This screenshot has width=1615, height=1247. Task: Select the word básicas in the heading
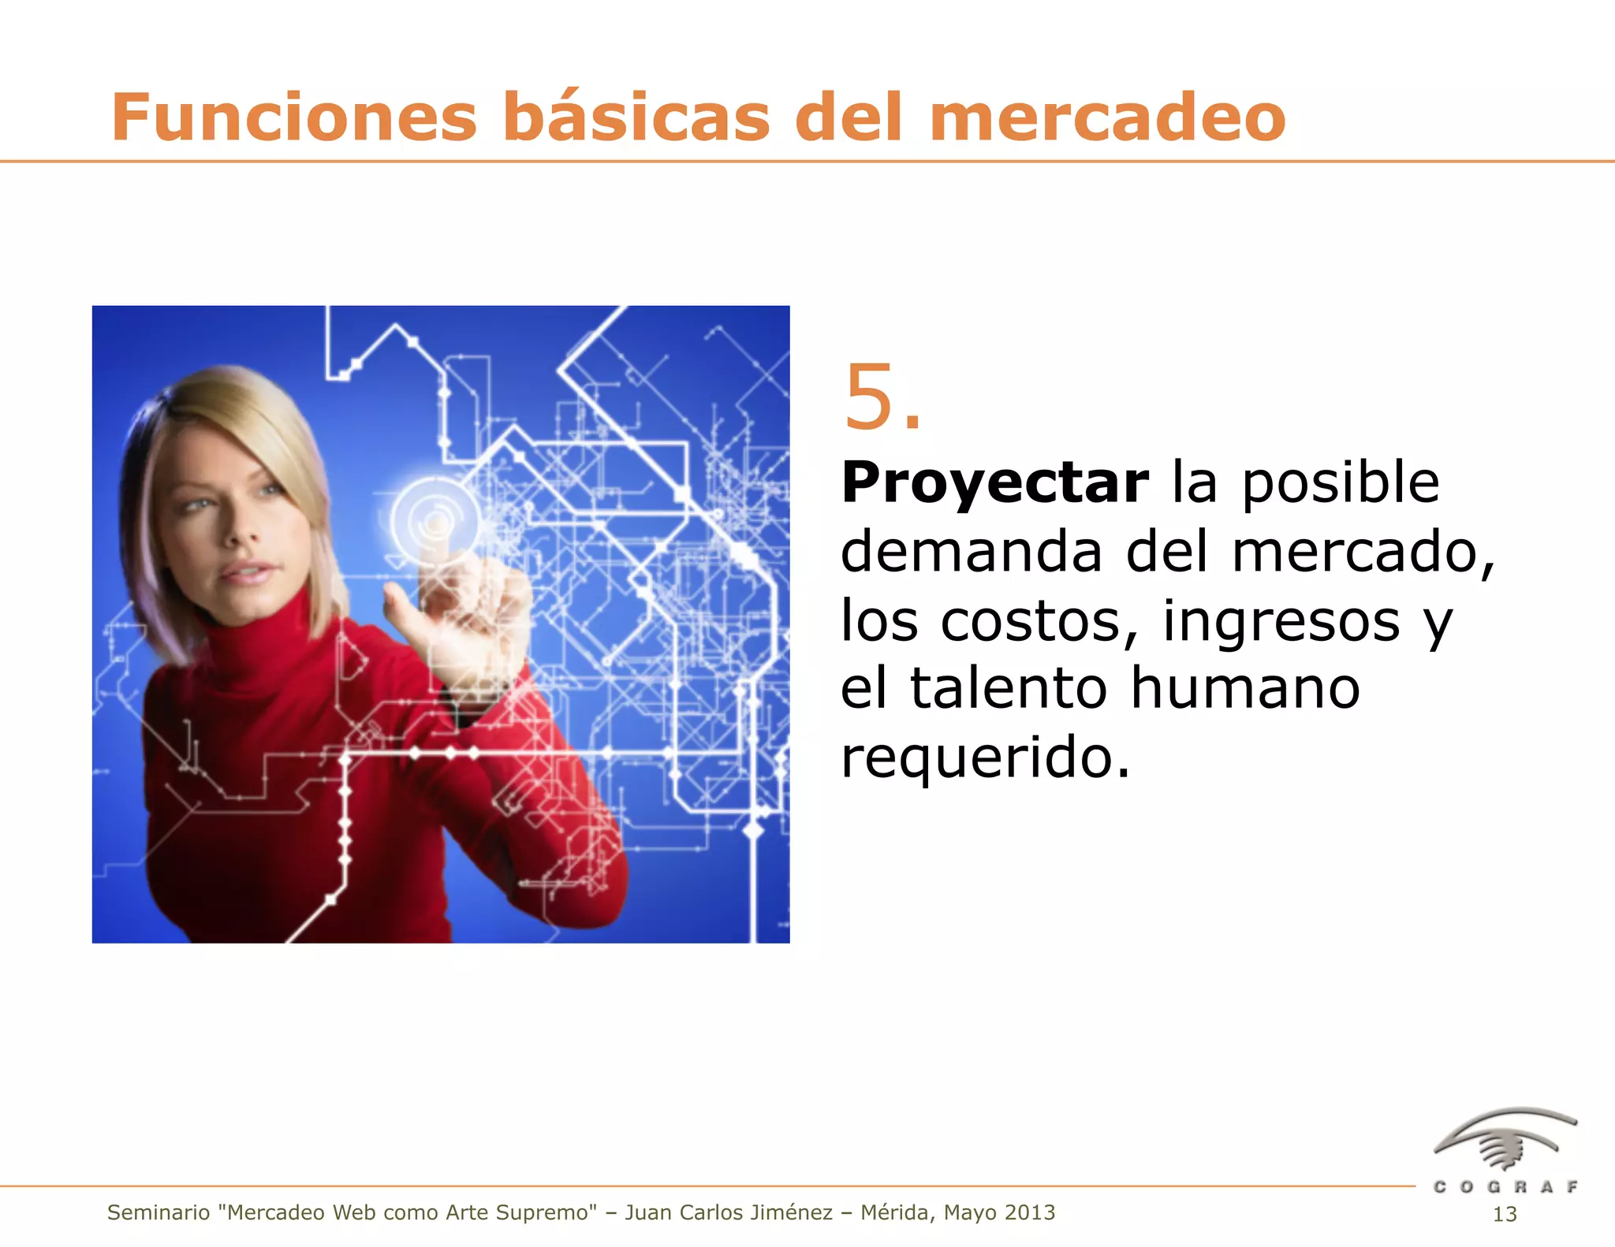click(636, 118)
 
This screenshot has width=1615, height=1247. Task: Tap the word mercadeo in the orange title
click(1107, 118)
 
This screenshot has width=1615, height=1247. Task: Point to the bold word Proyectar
click(994, 483)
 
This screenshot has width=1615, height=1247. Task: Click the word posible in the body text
click(1341, 483)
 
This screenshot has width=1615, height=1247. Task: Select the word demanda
click(971, 552)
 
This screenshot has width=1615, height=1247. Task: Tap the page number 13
click(1505, 1215)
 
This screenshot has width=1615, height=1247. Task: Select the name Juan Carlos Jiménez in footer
click(729, 1212)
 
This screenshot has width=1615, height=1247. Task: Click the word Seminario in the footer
click(158, 1212)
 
